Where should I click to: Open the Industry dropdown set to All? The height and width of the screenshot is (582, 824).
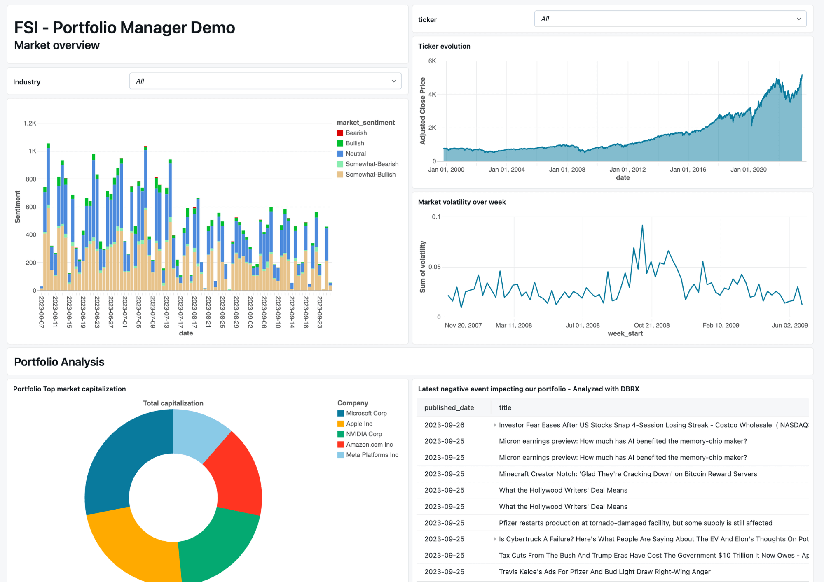(265, 81)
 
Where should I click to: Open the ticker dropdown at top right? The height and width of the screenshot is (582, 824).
(670, 19)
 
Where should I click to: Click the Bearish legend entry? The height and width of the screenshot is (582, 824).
(356, 133)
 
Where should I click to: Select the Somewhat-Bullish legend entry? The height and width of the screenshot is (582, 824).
(370, 175)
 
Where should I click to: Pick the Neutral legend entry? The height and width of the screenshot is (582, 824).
(355, 154)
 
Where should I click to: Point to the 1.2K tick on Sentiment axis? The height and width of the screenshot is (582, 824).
(30, 123)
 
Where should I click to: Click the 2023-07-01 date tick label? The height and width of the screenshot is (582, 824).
(124, 312)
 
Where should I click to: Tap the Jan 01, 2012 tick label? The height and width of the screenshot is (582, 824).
(627, 170)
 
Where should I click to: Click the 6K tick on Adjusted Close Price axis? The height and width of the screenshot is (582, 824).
(432, 61)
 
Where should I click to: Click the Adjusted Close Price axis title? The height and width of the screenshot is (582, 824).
(422, 111)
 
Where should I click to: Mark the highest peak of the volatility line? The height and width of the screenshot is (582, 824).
(642, 225)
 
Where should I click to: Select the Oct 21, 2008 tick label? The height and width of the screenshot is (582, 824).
(651, 325)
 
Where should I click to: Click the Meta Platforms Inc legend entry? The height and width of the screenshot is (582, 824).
(372, 455)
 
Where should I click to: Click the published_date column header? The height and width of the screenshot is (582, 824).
(449, 407)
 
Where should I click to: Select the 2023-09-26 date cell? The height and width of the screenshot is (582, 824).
(444, 425)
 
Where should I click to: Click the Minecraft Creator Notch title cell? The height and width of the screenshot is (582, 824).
(627, 474)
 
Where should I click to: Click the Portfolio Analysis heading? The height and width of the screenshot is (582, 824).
(59, 362)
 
